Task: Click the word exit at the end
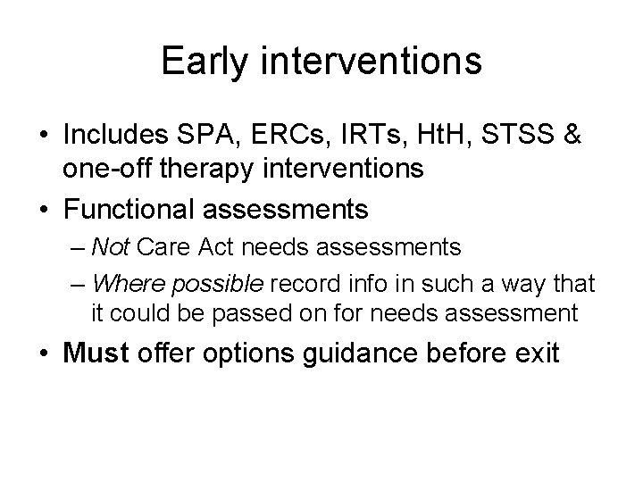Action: tap(534, 353)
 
